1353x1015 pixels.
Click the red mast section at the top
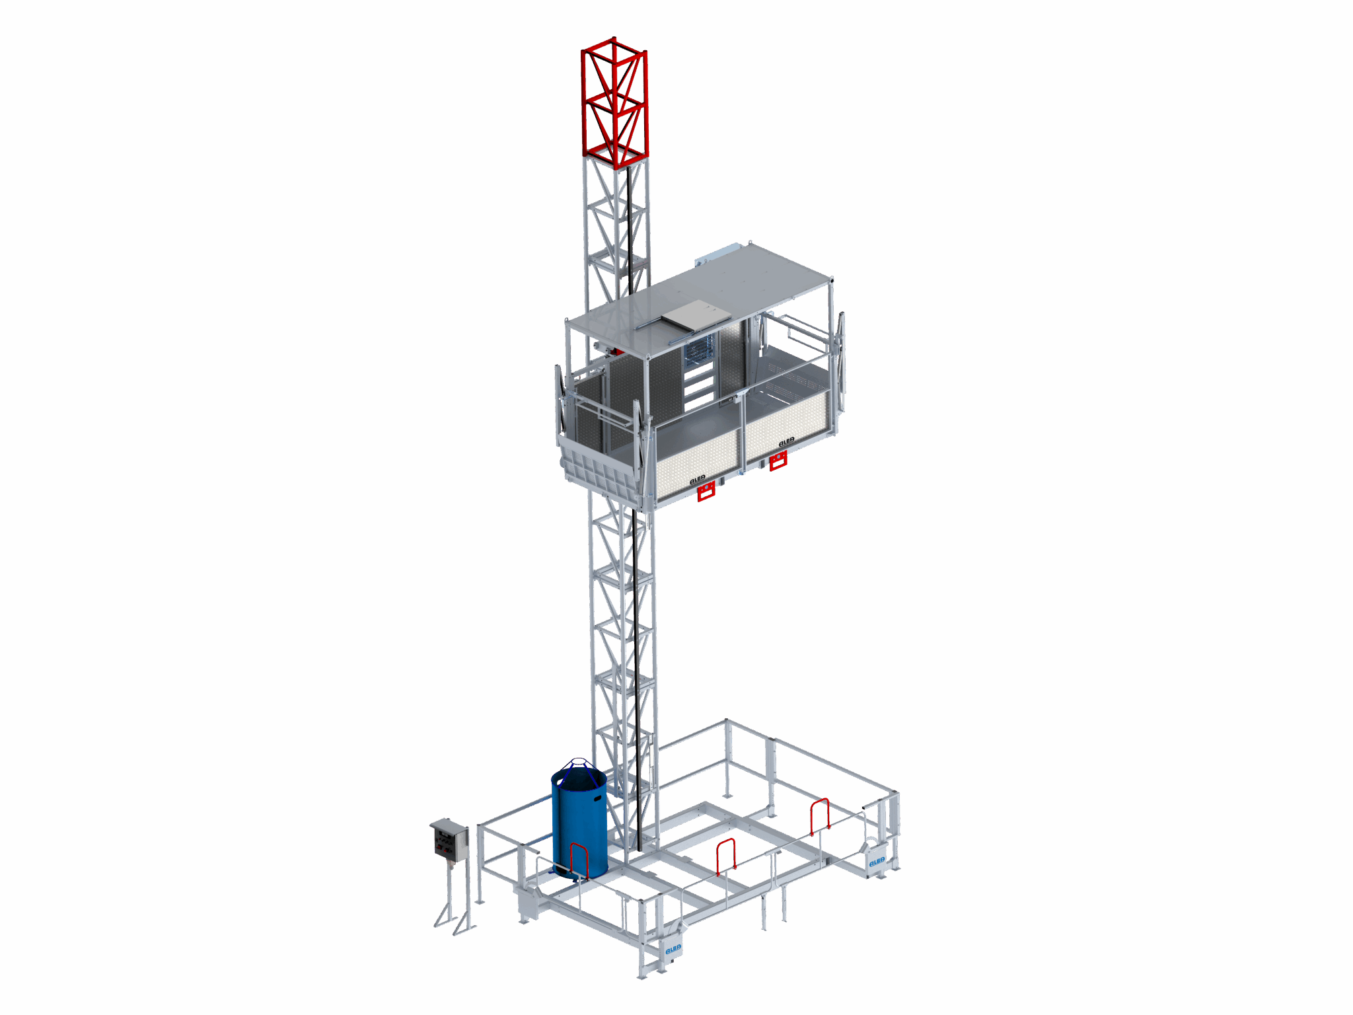click(614, 102)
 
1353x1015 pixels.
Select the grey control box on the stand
click(449, 840)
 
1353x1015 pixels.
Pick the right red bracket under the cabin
click(778, 461)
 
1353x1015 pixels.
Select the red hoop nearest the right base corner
click(819, 816)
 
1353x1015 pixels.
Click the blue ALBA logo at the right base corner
click(876, 862)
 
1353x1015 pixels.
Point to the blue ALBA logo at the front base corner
click(673, 949)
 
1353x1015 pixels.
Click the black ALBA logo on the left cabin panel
click(697, 478)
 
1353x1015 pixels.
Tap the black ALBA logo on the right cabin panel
click(786, 442)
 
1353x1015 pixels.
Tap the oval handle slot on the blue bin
click(598, 798)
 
